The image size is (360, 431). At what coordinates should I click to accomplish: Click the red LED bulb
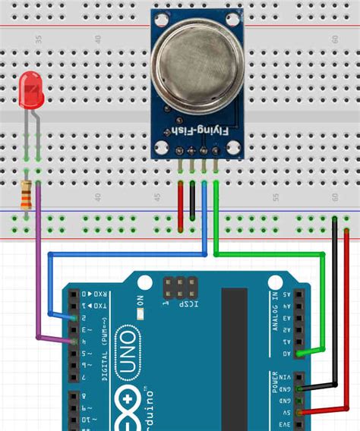tap(31, 89)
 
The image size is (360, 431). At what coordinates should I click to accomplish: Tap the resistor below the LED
tap(28, 196)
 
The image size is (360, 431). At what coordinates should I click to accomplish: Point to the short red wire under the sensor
tap(180, 205)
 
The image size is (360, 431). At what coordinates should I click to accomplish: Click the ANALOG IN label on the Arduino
tap(274, 311)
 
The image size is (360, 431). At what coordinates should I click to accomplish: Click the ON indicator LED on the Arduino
tap(141, 311)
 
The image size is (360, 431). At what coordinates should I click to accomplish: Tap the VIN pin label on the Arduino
tap(286, 376)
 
